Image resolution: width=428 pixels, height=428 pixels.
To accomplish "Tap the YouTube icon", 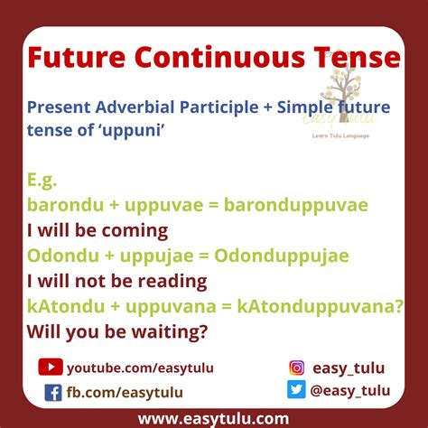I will pos(50,368).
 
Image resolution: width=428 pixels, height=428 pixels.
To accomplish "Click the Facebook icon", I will pos(53,393).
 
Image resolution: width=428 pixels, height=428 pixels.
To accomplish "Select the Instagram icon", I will pos(296,368).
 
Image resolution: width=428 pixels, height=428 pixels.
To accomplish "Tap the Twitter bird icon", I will pos(296,390).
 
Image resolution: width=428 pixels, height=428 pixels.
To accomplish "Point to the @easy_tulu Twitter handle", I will pos(351,390).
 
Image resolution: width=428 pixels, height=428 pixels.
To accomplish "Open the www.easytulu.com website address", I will pos(213,418).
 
